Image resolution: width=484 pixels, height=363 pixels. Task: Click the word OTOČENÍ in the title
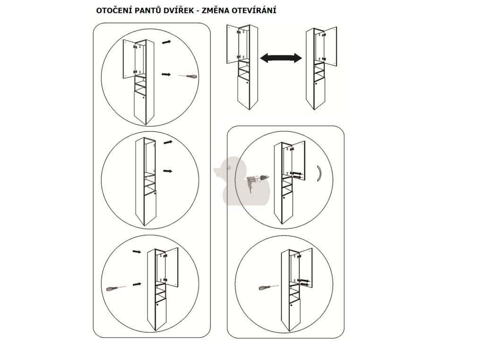112,10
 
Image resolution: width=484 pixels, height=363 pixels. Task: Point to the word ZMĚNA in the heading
216,10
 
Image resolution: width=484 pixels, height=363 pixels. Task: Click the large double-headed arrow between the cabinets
281,58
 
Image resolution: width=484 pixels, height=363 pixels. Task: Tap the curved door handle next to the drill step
320,173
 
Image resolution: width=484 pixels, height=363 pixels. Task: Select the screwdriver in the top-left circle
188,76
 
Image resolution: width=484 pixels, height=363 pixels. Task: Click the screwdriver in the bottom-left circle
116,288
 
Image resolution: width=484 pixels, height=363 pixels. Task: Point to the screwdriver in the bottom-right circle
268,287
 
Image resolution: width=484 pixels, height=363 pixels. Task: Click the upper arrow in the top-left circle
166,42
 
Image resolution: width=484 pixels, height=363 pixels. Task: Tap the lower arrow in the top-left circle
166,74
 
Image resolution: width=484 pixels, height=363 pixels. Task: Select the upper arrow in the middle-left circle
168,142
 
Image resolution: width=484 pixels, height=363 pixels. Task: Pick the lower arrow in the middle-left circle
168,171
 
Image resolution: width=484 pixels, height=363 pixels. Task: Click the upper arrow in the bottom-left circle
137,252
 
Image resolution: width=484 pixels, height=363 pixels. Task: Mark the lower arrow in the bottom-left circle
137,284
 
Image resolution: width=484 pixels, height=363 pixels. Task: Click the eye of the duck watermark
229,168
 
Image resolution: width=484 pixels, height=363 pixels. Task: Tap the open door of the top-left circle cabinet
129,59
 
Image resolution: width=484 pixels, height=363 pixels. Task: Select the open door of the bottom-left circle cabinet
172,267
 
